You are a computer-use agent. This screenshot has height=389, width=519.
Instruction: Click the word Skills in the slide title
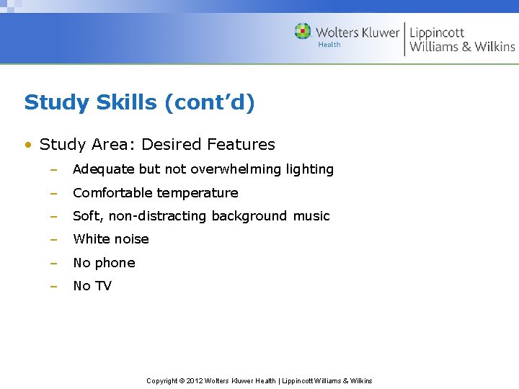click(x=125, y=103)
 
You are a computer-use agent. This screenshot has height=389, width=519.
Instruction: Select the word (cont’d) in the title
click(x=210, y=103)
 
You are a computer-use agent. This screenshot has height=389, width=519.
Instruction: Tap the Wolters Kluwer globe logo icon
click(x=303, y=32)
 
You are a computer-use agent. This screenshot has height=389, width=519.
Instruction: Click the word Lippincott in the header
click(x=437, y=32)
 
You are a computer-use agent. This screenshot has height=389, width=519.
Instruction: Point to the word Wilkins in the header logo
click(x=494, y=47)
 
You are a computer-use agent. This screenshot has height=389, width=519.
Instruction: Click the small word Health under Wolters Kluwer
click(x=329, y=45)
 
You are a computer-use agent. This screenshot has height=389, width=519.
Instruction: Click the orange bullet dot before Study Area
click(x=27, y=145)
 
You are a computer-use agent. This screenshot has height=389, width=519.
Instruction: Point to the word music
click(x=311, y=216)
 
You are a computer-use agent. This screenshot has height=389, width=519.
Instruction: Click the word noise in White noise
click(x=130, y=239)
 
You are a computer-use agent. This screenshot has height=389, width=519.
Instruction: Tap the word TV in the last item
click(x=103, y=286)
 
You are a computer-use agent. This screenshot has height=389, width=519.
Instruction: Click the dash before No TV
click(x=53, y=286)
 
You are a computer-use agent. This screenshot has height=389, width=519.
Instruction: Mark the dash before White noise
click(x=53, y=239)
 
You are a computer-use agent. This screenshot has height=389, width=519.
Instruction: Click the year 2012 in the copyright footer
click(x=195, y=380)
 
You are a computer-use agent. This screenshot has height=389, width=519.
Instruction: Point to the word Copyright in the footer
click(x=162, y=380)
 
